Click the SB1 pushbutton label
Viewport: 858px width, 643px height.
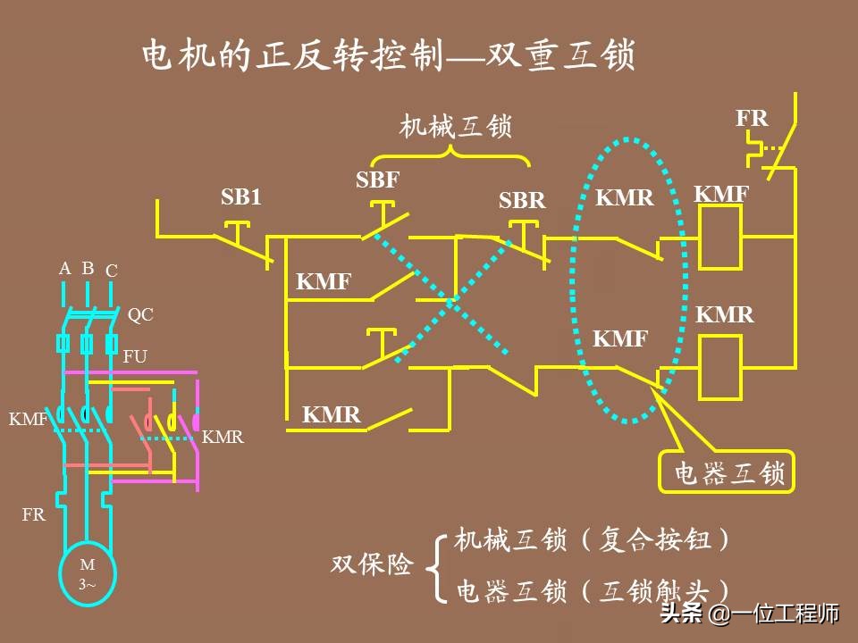pyautogui.click(x=241, y=197)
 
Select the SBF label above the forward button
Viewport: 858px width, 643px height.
pyautogui.click(x=377, y=180)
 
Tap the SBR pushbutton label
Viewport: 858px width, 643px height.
pyautogui.click(x=522, y=201)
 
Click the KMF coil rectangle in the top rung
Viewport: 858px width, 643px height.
pyautogui.click(x=720, y=237)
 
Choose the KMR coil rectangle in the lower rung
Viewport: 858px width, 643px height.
pyautogui.click(x=720, y=367)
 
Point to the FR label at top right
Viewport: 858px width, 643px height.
pyautogui.click(x=752, y=118)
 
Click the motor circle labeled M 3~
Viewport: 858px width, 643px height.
pyautogui.click(x=88, y=572)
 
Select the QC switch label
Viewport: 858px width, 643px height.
pyautogui.click(x=140, y=314)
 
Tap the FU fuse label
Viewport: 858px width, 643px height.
pyautogui.click(x=135, y=356)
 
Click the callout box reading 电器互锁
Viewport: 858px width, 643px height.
pyautogui.click(x=726, y=472)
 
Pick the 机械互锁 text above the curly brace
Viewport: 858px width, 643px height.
pyautogui.click(x=455, y=127)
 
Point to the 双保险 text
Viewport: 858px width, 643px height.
pyautogui.click(x=373, y=564)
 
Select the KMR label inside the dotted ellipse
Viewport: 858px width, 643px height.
pyautogui.click(x=625, y=197)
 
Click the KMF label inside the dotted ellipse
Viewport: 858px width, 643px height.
pyautogui.click(x=620, y=338)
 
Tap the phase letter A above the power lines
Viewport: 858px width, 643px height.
pyautogui.click(x=64, y=269)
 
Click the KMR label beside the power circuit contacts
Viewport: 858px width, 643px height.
pyautogui.click(x=223, y=437)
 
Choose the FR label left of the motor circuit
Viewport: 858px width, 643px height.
pyautogui.click(x=34, y=514)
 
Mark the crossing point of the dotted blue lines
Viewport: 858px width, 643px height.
pyautogui.click(x=455, y=304)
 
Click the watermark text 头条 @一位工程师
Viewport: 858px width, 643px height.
pyautogui.click(x=749, y=614)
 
